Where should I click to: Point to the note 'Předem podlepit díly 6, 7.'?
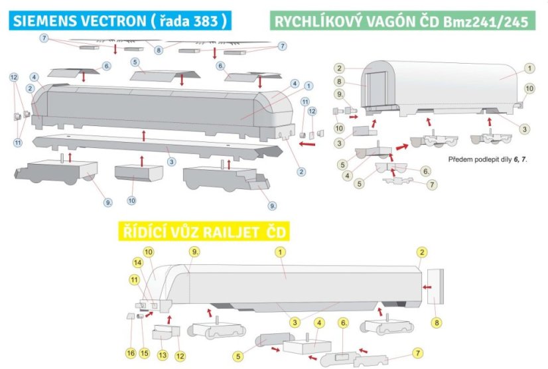tap(486, 160)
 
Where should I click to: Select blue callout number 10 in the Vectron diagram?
tap(132, 200)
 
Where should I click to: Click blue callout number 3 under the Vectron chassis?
tap(171, 161)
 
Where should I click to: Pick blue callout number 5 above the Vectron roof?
tap(135, 62)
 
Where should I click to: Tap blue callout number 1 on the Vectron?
tap(308, 86)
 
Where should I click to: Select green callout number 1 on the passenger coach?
tap(529, 68)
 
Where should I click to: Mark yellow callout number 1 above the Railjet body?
tap(281, 252)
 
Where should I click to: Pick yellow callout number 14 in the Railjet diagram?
tap(136, 263)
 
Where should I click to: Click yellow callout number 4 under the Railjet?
tap(319, 323)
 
